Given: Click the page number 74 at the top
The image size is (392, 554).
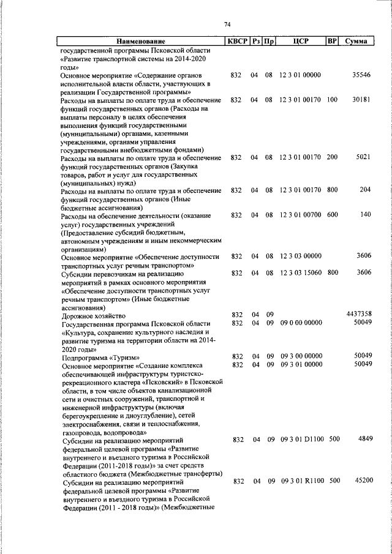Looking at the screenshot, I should pos(227,24).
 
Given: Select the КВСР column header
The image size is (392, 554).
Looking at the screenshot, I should pos(236,42).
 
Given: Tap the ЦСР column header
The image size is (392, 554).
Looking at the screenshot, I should pos(300,42).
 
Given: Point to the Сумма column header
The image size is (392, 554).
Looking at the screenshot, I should pos(356,42).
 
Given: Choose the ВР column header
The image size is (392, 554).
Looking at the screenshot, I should pos(332,42).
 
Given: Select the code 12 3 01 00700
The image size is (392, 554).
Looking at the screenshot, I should pos(300,215).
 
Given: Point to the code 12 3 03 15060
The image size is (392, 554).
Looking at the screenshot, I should pos(300,272).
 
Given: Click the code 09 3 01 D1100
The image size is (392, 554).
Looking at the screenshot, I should pos(301,439).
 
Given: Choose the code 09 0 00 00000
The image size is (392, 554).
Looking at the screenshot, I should pos(300,322).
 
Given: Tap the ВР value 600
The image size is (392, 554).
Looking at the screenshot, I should pos(333,215).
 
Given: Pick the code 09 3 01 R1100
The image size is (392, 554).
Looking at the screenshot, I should pos(301,481).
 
